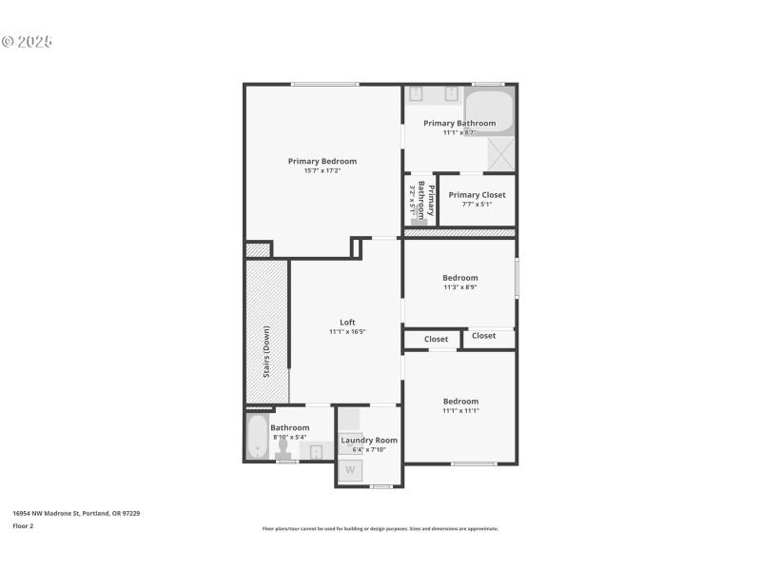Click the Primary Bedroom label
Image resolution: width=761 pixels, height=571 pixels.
(x=322, y=161)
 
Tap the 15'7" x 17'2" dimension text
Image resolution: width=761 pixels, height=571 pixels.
(x=322, y=171)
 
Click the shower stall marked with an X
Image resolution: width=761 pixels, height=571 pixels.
(x=501, y=153)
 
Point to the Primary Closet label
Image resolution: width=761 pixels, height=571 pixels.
(x=477, y=195)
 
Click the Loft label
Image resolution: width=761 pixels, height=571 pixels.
(x=347, y=322)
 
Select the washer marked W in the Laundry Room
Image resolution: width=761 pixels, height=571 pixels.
(x=350, y=470)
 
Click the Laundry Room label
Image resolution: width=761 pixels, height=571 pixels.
(x=369, y=440)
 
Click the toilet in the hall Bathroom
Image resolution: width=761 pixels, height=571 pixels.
(x=283, y=452)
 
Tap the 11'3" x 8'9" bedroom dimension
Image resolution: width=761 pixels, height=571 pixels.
(x=459, y=287)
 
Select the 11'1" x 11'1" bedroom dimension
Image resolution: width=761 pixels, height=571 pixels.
(x=459, y=411)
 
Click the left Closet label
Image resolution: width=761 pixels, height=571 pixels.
(x=436, y=340)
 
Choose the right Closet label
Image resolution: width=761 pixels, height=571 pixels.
(x=483, y=336)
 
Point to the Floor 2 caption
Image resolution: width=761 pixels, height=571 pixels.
(x=23, y=525)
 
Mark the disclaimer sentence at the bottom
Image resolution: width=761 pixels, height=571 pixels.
(x=380, y=529)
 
